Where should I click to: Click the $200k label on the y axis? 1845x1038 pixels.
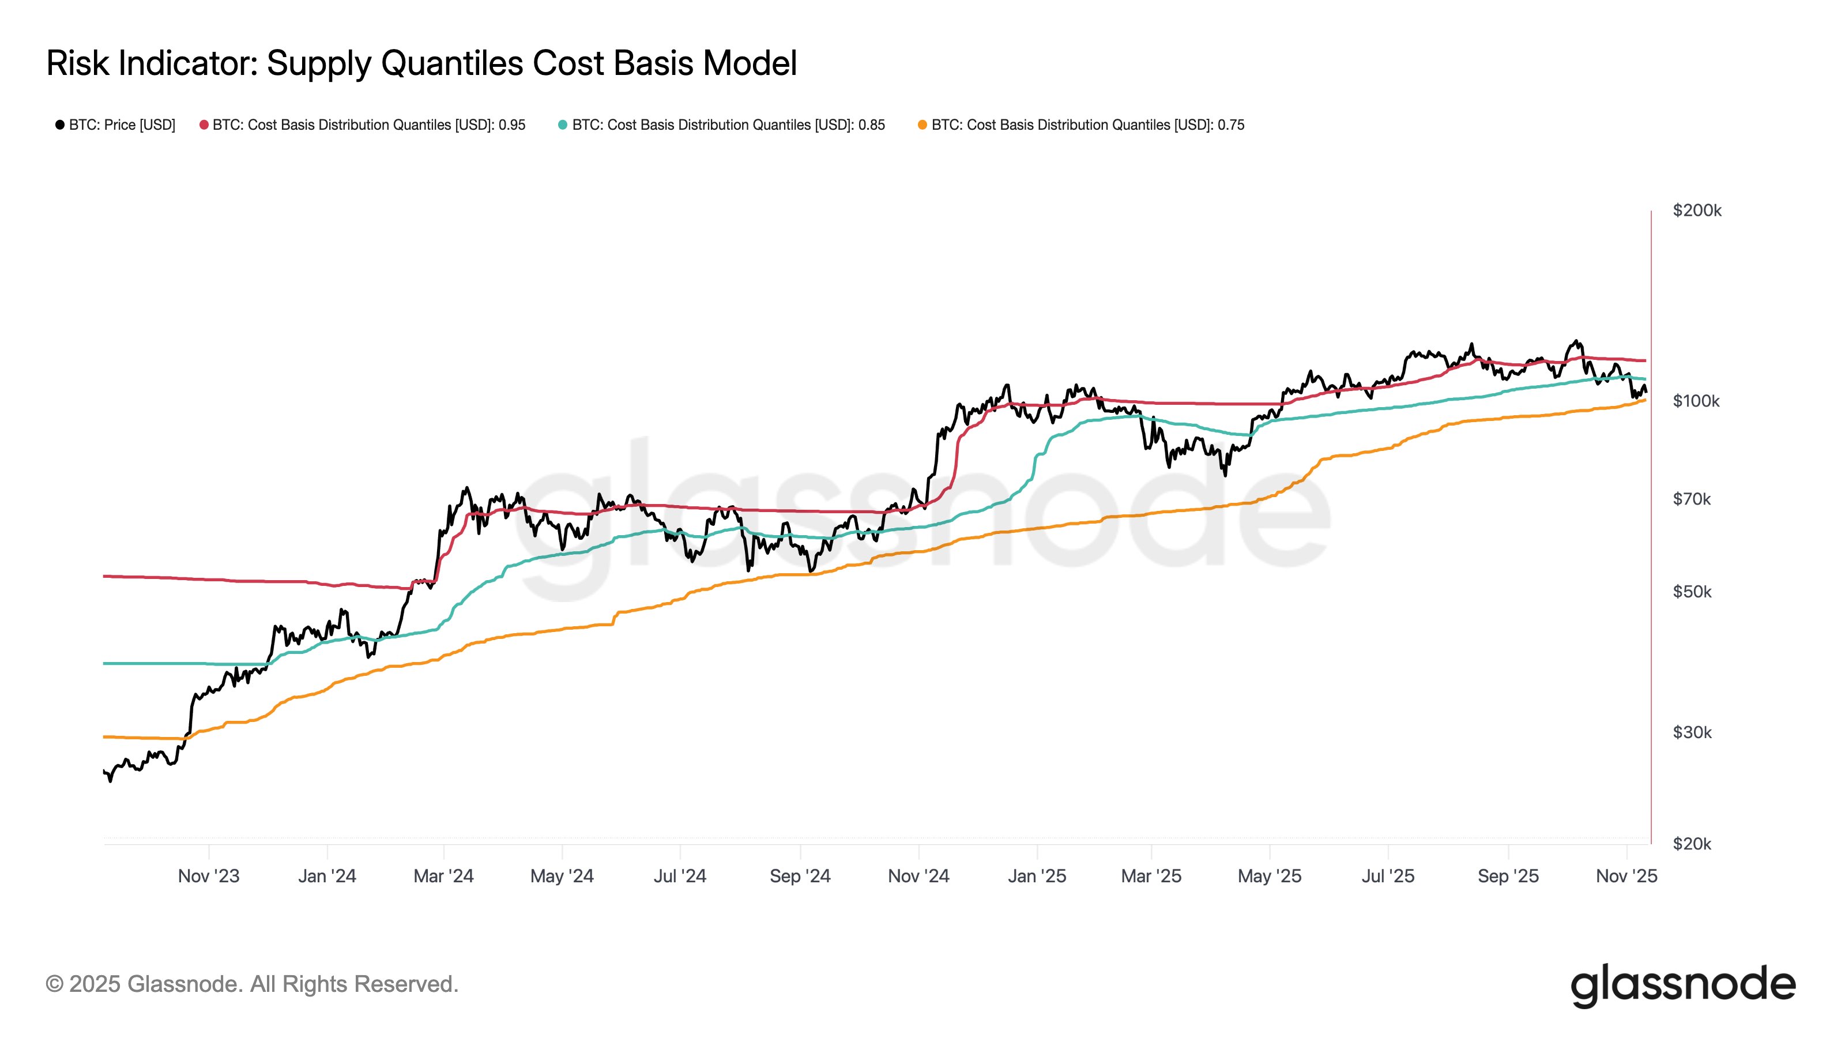click(1696, 210)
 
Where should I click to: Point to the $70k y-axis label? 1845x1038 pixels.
click(1691, 499)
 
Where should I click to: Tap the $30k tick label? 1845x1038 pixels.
click(1692, 732)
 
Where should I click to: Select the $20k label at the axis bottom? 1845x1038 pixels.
click(1692, 843)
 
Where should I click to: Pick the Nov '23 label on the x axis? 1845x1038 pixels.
click(208, 875)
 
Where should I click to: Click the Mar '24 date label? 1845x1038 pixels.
click(443, 875)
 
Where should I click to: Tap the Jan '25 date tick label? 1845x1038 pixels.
click(1037, 875)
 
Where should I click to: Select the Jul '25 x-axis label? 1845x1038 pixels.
click(1387, 875)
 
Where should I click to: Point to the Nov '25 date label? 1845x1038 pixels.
click(1626, 875)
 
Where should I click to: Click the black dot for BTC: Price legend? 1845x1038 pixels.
click(60, 125)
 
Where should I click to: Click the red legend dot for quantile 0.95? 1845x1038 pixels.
click(204, 125)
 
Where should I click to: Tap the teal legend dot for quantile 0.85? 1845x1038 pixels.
click(563, 125)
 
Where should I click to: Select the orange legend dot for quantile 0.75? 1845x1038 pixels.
click(922, 125)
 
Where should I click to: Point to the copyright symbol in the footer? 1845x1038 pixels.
click(54, 984)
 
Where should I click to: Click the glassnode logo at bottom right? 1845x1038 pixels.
click(1682, 985)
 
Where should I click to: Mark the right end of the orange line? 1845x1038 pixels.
click(1645, 400)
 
